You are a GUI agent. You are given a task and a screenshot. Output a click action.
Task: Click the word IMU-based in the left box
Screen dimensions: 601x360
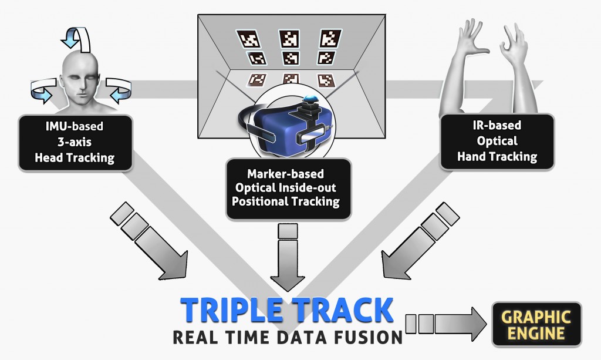pyautogui.click(x=75, y=126)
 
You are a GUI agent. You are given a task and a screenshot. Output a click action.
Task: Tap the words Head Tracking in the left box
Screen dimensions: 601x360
pyautogui.click(x=75, y=157)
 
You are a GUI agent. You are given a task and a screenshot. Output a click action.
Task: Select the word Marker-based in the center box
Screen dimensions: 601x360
pyautogui.click(x=286, y=174)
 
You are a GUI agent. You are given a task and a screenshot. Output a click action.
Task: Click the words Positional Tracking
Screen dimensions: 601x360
pyautogui.click(x=286, y=201)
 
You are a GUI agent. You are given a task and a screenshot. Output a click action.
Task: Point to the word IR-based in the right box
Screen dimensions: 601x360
pyautogui.click(x=497, y=125)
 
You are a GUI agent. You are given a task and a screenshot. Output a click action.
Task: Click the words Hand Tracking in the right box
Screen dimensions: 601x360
pyautogui.click(x=497, y=156)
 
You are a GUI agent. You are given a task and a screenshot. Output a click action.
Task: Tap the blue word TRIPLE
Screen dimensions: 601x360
pyautogui.click(x=232, y=309)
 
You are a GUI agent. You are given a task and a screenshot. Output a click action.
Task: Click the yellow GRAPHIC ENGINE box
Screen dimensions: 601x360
pyautogui.click(x=536, y=324)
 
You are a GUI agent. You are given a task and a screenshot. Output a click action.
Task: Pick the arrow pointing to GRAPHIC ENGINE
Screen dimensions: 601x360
pyautogui.click(x=446, y=324)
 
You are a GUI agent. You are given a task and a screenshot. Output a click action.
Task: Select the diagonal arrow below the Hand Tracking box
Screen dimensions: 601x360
pyautogui.click(x=420, y=241)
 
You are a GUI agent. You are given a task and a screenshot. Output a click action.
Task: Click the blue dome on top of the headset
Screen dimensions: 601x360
pyautogui.click(x=310, y=99)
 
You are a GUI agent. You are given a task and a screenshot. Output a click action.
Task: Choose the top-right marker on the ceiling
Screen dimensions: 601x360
pyautogui.click(x=330, y=39)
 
